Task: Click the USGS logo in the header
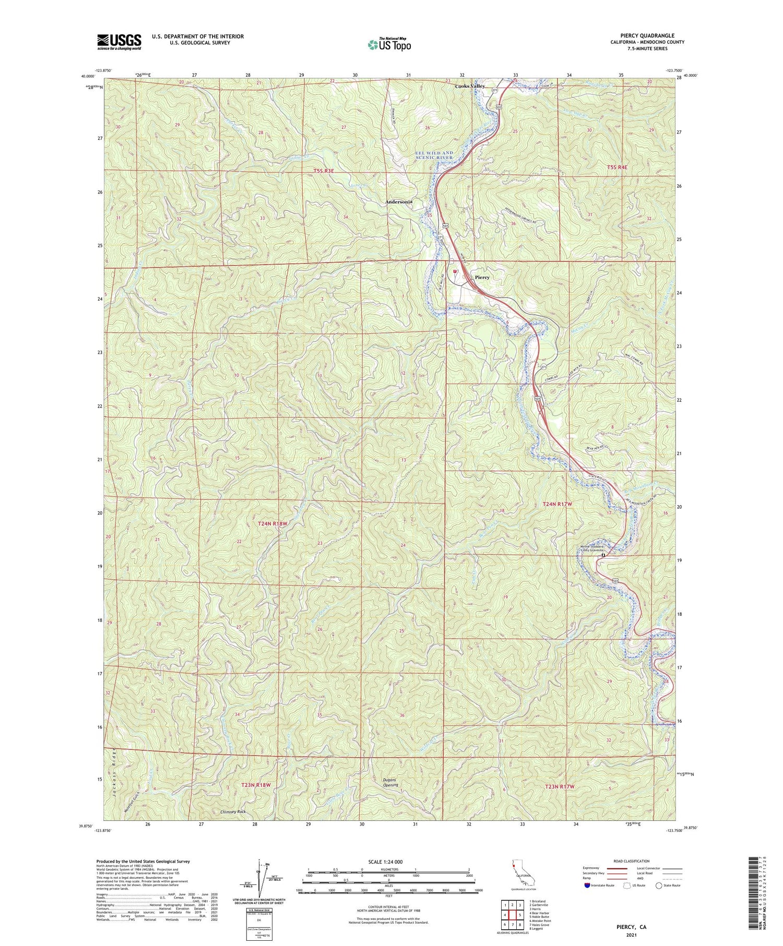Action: pos(119,42)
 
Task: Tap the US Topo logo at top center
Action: pos(389,44)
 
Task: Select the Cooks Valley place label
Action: pos(470,86)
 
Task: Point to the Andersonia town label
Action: pos(399,201)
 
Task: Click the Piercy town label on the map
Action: pos(482,278)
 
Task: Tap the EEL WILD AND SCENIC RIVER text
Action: pos(434,155)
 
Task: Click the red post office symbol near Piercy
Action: pos(455,271)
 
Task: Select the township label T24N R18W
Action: pos(272,523)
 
